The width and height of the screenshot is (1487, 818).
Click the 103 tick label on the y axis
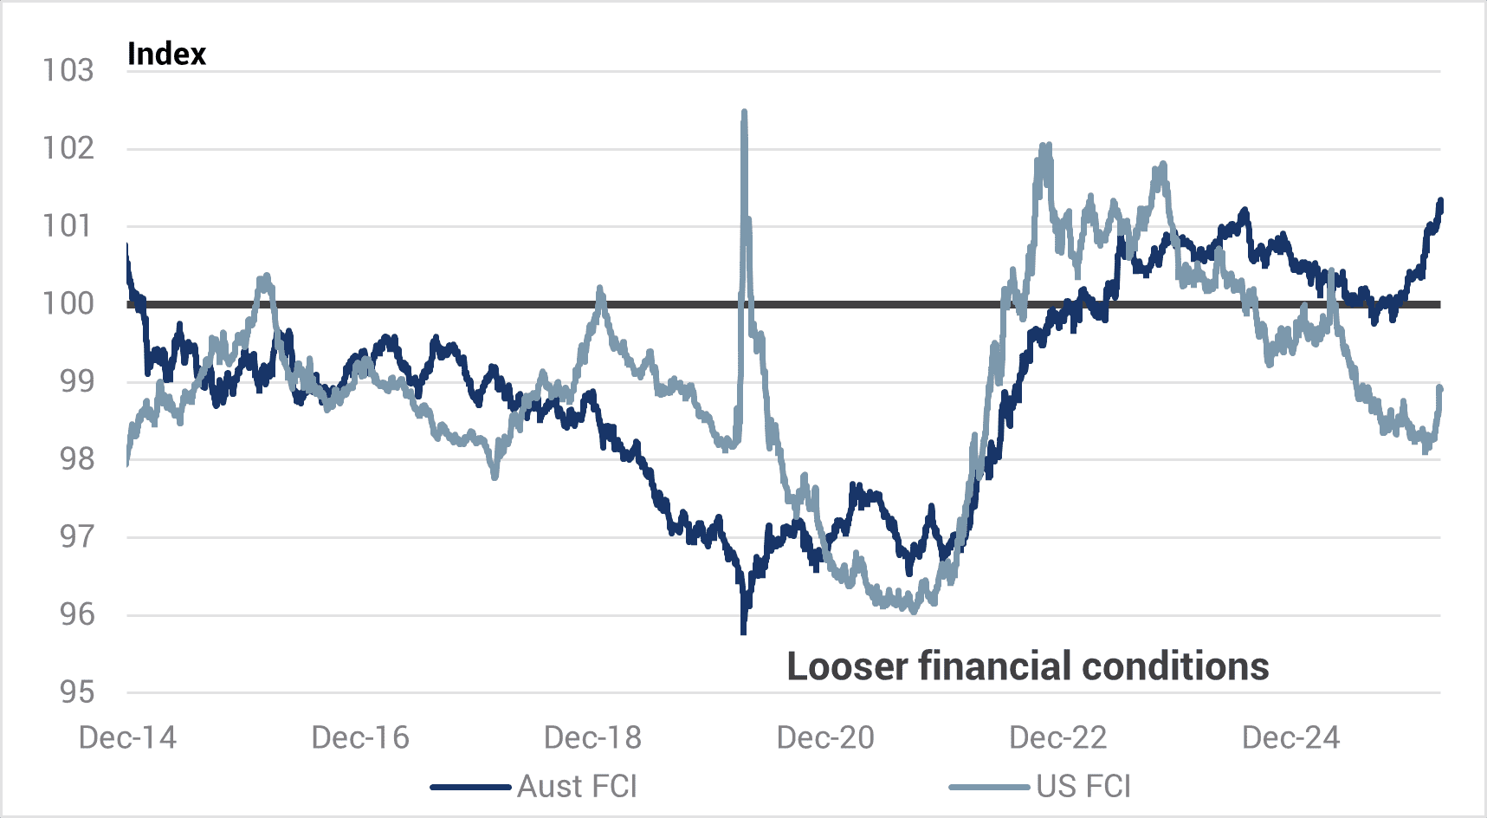(x=68, y=70)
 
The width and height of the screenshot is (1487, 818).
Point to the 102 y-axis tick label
(x=68, y=148)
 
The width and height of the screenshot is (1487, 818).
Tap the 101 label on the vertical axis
(x=68, y=226)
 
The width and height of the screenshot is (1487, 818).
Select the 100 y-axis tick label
(x=68, y=303)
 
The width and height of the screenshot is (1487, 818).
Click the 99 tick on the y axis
(x=76, y=381)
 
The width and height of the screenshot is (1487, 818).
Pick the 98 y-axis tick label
(x=76, y=458)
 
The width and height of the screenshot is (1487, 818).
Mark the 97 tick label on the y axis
(x=76, y=536)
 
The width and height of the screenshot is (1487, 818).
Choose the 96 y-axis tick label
(x=76, y=614)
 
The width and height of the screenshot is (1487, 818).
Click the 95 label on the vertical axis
(x=76, y=691)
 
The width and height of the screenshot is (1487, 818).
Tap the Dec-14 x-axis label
(x=127, y=737)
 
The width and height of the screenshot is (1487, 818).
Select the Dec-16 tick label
(x=360, y=737)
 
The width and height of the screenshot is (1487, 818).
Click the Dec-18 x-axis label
(x=592, y=737)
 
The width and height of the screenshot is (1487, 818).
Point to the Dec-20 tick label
(x=825, y=737)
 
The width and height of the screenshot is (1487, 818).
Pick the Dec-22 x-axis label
(x=1058, y=737)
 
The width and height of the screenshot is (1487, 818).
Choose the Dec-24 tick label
(x=1290, y=737)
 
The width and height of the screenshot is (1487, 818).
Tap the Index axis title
(x=166, y=54)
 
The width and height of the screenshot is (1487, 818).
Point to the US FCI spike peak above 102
(x=744, y=113)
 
